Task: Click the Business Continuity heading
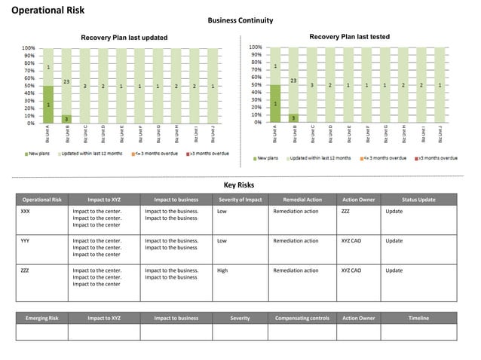tap(240, 20)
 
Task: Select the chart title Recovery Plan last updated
tap(124, 38)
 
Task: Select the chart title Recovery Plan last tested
tap(349, 37)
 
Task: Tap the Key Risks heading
tap(240, 185)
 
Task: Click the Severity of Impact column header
tap(240, 200)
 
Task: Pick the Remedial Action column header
tap(302, 200)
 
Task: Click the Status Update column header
tap(418, 200)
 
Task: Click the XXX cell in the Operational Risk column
tap(26, 212)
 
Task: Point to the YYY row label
tap(26, 241)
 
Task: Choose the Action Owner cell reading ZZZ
tap(345, 212)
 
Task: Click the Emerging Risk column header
tap(42, 318)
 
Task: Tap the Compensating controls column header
tap(302, 318)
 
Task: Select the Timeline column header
tap(418, 318)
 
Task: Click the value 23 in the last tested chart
tap(293, 81)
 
